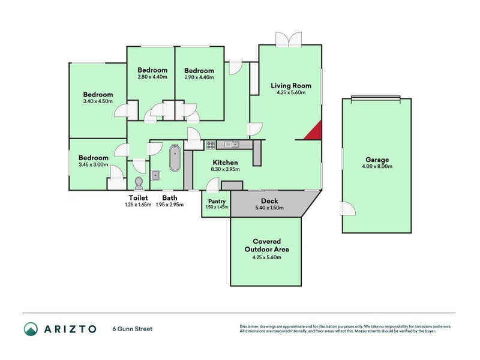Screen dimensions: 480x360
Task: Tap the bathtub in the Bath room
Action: click(x=175, y=158)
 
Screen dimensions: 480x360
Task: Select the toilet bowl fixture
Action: click(x=139, y=183)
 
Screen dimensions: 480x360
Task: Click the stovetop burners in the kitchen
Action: click(x=211, y=145)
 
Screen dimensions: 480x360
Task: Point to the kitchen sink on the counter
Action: click(x=232, y=145)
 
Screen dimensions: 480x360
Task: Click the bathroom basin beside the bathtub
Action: click(x=155, y=175)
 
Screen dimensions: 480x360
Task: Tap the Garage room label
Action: click(x=377, y=160)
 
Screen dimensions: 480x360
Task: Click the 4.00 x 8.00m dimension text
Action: click(x=377, y=167)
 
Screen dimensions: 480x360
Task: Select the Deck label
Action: click(x=269, y=201)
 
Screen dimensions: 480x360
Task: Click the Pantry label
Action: click(x=217, y=201)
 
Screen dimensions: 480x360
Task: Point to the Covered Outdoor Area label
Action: click(x=266, y=245)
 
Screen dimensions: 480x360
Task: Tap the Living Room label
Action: click(x=291, y=85)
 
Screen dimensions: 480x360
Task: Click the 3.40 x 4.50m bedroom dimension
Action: click(x=98, y=101)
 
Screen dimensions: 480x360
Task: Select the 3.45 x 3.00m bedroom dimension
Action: click(x=94, y=164)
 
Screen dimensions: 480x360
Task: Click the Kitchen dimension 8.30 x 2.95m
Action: click(x=226, y=169)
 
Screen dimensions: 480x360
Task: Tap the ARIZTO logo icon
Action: click(x=31, y=329)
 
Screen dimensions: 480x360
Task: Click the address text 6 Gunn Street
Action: click(x=133, y=329)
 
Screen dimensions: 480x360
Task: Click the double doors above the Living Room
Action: click(x=289, y=40)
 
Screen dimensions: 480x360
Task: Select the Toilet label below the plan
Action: click(x=138, y=198)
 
